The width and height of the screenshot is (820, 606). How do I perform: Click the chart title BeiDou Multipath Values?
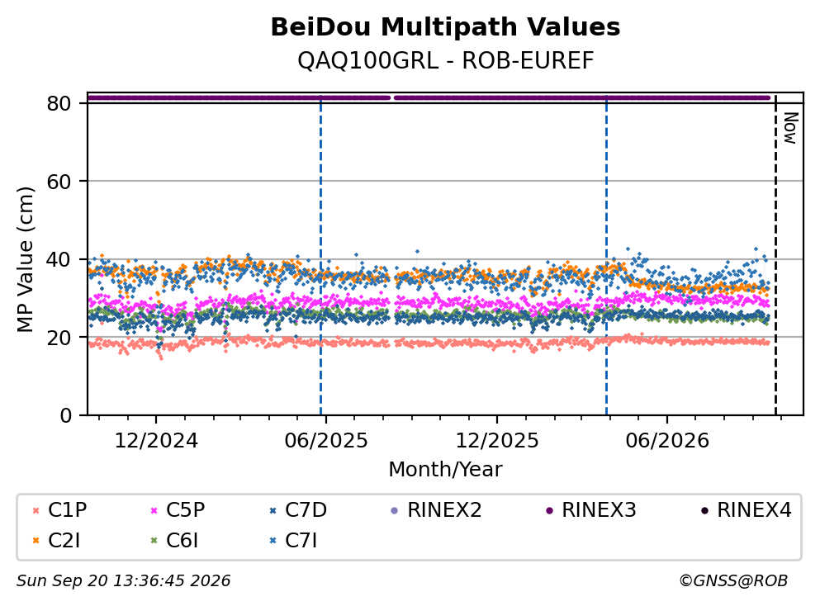coord(445,27)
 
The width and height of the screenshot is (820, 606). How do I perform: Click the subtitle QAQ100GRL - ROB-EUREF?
coord(446,60)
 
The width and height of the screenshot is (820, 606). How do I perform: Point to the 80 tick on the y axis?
coord(59,103)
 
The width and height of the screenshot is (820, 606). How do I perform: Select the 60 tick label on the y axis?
coord(59,182)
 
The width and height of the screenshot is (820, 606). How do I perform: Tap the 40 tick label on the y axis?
coord(59,259)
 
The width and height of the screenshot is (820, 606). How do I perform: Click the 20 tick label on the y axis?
coord(59,337)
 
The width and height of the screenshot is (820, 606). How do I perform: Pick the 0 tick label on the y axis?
coord(66,415)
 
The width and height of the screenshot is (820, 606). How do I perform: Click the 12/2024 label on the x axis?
coord(156,441)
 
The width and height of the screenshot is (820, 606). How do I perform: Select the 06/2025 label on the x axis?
coord(326,441)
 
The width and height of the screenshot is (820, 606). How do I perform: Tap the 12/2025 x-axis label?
coord(497,441)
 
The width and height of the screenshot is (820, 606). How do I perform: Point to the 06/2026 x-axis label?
coord(666,441)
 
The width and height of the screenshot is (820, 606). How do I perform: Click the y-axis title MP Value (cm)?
coord(25,259)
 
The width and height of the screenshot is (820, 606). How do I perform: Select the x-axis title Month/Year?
coord(445,470)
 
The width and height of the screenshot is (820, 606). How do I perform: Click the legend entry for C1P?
coord(59,509)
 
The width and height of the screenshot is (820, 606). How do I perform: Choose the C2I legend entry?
coord(56,541)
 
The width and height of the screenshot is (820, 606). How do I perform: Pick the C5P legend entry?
coord(178,509)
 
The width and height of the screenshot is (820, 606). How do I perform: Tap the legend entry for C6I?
coord(174,541)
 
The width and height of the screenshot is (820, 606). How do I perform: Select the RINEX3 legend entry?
coord(591,509)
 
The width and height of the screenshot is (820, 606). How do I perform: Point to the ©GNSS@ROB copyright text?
coord(733,580)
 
